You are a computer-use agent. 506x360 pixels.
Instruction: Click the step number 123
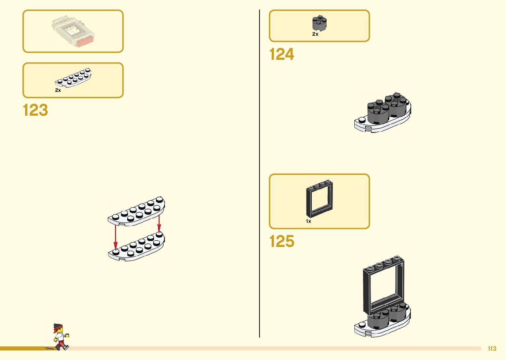pyautogui.click(x=35, y=110)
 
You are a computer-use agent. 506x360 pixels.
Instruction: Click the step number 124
pyautogui.click(x=282, y=54)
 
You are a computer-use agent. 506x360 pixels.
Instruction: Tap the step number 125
pyautogui.click(x=282, y=241)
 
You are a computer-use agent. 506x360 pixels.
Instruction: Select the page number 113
pyautogui.click(x=492, y=348)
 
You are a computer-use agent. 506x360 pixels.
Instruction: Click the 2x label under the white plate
pyautogui.click(x=58, y=90)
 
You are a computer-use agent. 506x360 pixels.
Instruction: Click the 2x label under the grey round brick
pyautogui.click(x=315, y=34)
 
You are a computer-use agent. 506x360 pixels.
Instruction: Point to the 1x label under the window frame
pyautogui.click(x=308, y=221)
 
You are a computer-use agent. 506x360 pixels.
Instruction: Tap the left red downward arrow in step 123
pyautogui.click(x=116, y=236)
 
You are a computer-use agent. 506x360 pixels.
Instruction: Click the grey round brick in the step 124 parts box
pyautogui.click(x=319, y=23)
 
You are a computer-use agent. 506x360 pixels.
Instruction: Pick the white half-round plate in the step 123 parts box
pyautogui.click(x=73, y=78)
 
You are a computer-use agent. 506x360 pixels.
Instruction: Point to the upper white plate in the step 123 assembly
pyautogui.click(x=136, y=212)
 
